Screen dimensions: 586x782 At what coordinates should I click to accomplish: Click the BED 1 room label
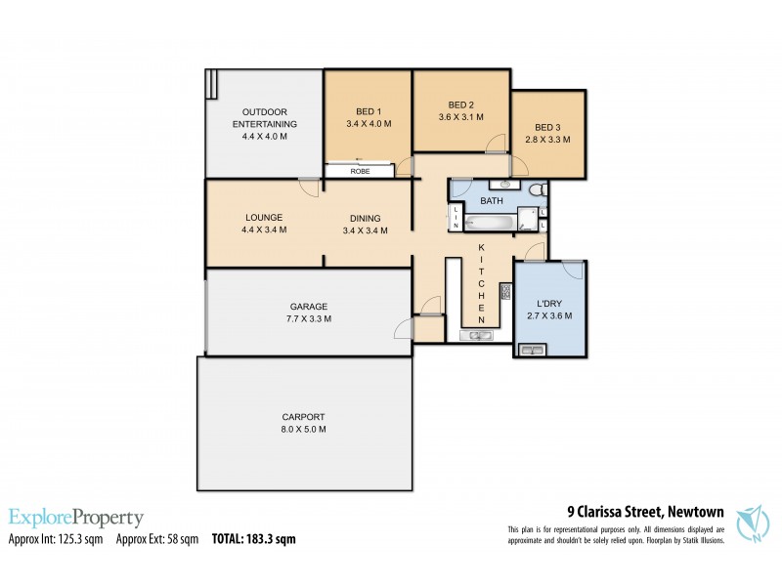[368, 110]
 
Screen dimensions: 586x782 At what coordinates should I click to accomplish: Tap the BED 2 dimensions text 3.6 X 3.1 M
[460, 117]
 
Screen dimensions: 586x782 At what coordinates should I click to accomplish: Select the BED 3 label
[547, 128]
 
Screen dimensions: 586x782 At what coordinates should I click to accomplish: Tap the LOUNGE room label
[264, 217]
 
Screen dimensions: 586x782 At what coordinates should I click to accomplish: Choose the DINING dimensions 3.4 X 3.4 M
[366, 230]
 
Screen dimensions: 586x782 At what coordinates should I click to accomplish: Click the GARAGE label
[308, 306]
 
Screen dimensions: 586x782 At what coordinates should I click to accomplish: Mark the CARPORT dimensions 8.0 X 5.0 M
[305, 429]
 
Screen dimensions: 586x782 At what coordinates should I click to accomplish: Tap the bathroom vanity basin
[504, 184]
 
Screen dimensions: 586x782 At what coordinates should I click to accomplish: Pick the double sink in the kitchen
[480, 336]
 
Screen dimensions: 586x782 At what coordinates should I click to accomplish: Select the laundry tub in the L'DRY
[533, 351]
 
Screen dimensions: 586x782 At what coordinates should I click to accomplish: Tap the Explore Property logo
[76, 518]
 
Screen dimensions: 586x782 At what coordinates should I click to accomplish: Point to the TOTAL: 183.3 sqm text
[253, 538]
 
